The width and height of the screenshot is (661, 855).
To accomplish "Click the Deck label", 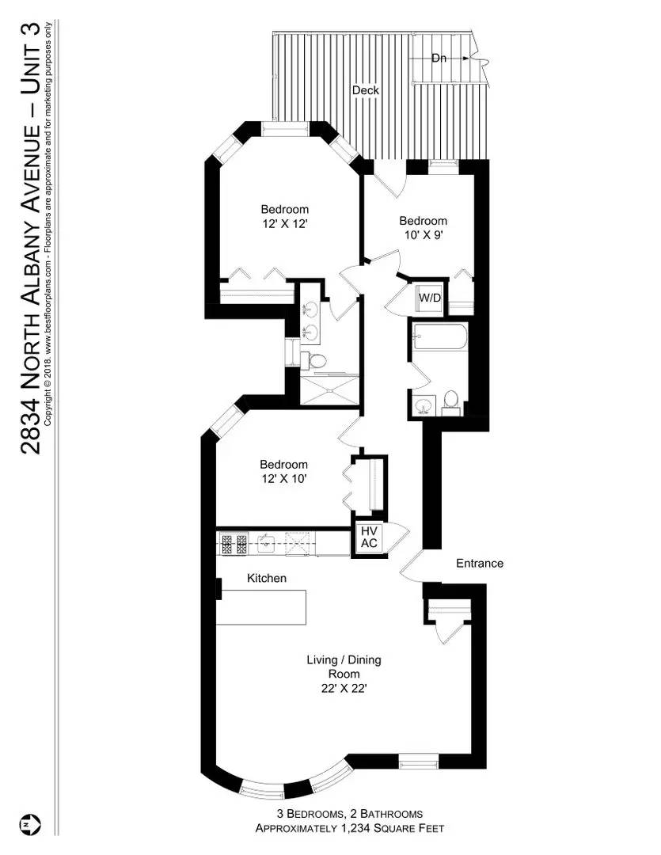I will click(365, 90).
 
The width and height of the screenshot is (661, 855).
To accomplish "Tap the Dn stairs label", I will click(439, 58).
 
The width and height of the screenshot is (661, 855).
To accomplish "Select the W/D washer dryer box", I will click(430, 298).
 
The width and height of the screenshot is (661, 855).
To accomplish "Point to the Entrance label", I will click(480, 564).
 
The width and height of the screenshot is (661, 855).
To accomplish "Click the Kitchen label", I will click(267, 579).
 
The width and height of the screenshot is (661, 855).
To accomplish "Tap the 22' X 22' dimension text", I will click(338, 689).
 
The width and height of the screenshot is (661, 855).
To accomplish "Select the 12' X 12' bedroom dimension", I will click(284, 224).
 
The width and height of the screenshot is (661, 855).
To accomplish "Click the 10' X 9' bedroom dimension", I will click(423, 236).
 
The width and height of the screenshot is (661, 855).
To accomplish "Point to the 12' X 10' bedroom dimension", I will click(284, 479).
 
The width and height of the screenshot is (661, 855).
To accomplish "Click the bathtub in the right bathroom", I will click(439, 338).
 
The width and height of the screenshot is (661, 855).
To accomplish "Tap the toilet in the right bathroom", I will click(451, 400).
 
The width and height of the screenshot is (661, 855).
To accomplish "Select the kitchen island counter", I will click(261, 606).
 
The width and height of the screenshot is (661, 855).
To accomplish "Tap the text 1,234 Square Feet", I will click(388, 829).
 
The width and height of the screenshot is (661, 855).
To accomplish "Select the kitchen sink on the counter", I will click(267, 543).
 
